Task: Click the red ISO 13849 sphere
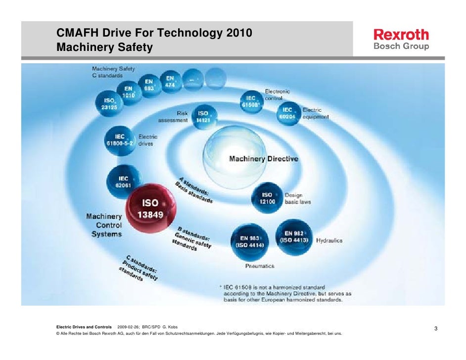pos(150,209)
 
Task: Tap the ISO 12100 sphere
pos(267,198)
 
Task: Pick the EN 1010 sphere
pos(129,92)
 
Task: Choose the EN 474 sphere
pos(170,81)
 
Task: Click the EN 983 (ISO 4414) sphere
pos(249,241)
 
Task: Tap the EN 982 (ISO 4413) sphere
pos(294,236)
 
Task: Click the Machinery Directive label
pos(263,159)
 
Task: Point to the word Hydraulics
pos(329,241)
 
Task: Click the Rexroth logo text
pos(401,35)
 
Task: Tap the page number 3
pos(436,329)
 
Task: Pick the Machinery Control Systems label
pos(104,225)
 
